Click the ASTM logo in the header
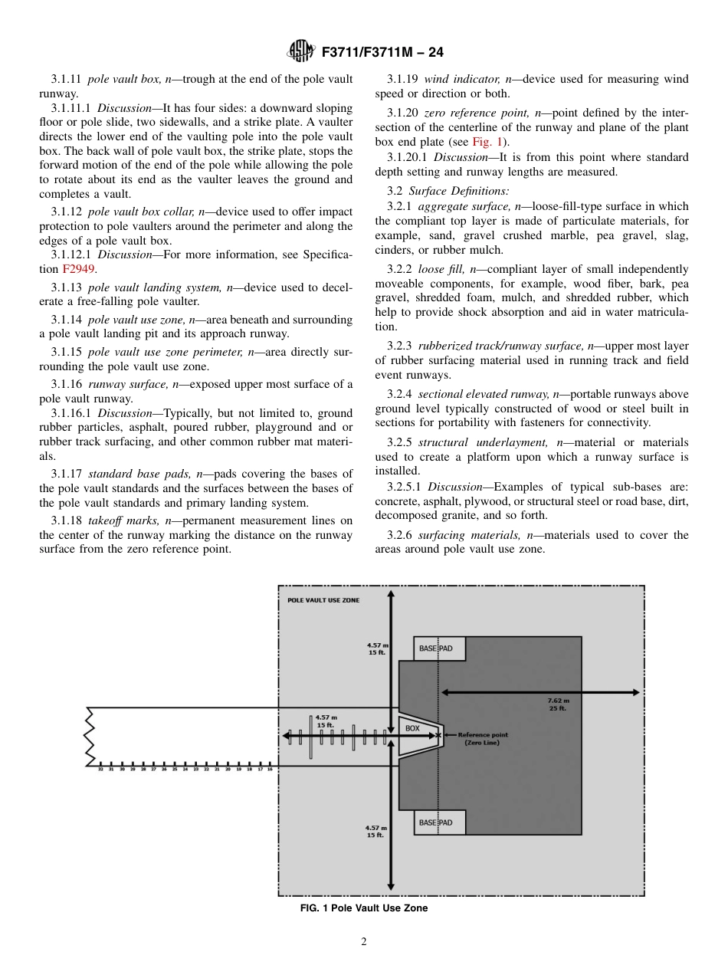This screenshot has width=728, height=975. pos(300,52)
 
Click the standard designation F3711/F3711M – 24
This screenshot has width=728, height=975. pos(382,53)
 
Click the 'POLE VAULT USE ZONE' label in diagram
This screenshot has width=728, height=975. pos(323,600)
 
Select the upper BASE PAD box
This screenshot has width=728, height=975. pos(439,648)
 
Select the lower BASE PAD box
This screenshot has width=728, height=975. pos(439,822)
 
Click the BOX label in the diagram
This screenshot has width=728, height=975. pos(412,728)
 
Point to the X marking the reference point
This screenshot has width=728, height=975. pos(438,735)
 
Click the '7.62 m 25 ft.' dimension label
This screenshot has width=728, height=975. pos(558,704)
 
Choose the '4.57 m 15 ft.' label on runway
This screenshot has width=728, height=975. pos(326,721)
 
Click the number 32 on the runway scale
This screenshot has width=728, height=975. pos(100,769)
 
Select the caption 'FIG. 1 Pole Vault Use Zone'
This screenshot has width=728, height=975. pos(364,908)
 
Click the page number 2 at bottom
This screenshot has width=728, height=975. pos(364,942)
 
